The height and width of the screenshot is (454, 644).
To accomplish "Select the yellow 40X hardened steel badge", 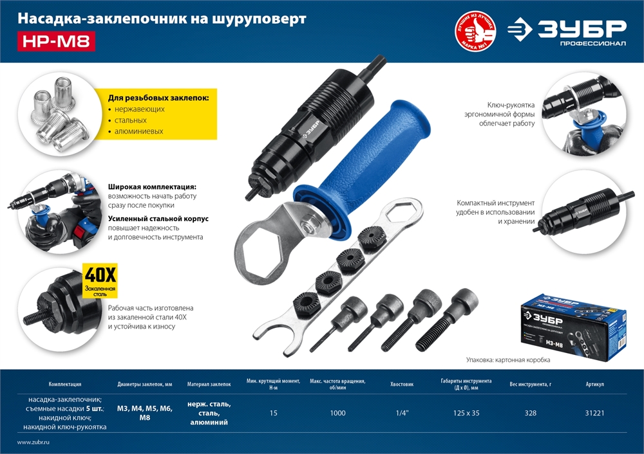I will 100,280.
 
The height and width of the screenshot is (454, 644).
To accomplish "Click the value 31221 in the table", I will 594,413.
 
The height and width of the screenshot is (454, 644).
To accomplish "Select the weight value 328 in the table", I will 530,413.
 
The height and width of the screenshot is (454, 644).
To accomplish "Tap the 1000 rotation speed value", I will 337,413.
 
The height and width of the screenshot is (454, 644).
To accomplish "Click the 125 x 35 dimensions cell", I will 466,413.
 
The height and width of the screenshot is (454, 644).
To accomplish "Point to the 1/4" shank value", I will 401,413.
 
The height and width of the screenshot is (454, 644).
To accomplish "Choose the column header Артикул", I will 594,384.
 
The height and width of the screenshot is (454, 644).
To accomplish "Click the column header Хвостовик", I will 401,384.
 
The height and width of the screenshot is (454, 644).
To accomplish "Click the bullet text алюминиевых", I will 139,131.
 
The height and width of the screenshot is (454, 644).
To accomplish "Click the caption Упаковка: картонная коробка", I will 508,360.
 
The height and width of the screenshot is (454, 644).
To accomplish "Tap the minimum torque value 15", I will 274,413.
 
